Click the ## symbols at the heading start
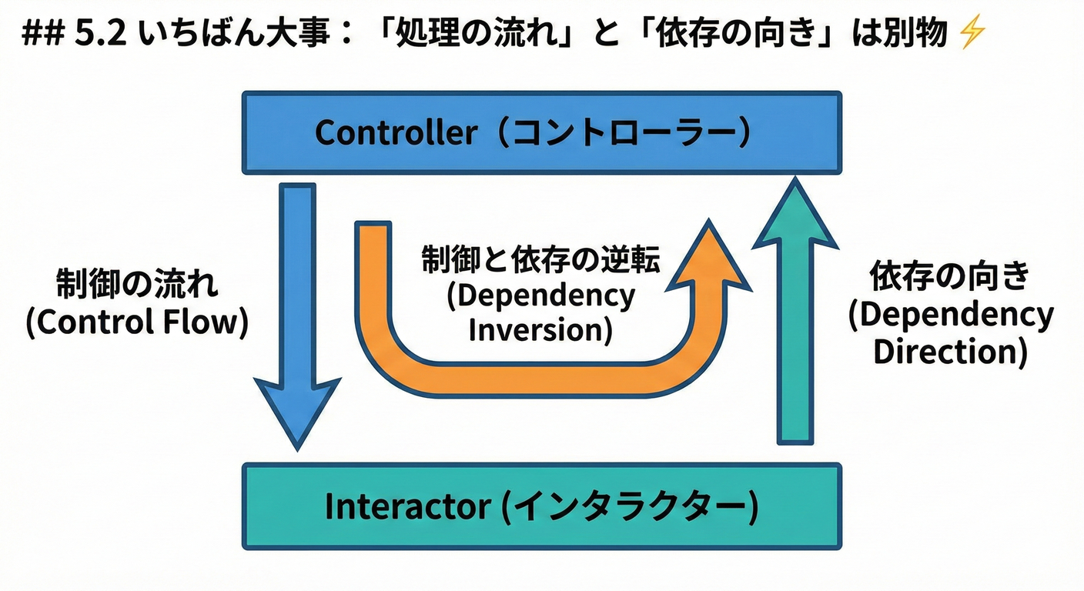pos(46,35)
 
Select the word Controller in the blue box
pos(396,133)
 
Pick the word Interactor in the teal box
pos(407,506)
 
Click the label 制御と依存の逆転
pos(540,260)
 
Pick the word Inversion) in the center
pos(540,330)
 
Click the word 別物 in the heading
pos(915,35)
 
